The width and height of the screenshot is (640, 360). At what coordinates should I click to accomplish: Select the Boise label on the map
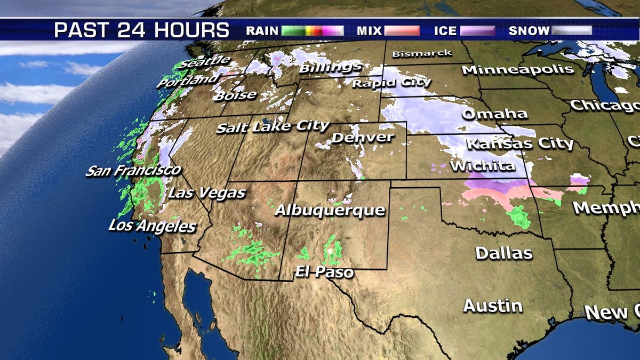[x=235, y=96]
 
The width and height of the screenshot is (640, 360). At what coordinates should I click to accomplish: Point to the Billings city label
[x=330, y=68]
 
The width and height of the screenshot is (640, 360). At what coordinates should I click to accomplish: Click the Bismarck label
[x=421, y=54]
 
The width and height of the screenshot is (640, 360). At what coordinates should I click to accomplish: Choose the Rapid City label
[x=391, y=83]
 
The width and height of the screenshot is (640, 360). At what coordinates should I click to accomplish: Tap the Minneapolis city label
[x=517, y=69]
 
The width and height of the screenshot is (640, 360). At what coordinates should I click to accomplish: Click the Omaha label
[x=494, y=114]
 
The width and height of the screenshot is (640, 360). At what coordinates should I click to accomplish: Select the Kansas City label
[x=520, y=143]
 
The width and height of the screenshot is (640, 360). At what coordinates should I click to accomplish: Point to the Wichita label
[x=483, y=166]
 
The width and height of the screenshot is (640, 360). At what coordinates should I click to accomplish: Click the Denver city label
[x=363, y=138]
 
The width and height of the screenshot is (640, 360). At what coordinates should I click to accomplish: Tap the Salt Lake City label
[x=273, y=127]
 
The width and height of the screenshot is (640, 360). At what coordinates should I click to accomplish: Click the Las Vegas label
[x=206, y=193]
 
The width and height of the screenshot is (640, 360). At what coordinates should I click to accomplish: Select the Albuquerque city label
[x=330, y=210]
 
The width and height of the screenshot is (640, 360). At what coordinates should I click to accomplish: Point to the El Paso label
[x=324, y=273]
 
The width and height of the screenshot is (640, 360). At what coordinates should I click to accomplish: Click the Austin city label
[x=492, y=306]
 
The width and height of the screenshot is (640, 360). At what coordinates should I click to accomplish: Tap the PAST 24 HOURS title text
[x=142, y=30]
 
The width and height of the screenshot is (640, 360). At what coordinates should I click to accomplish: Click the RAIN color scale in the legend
[x=313, y=30]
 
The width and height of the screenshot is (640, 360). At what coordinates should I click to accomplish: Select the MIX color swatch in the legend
[x=402, y=30]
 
